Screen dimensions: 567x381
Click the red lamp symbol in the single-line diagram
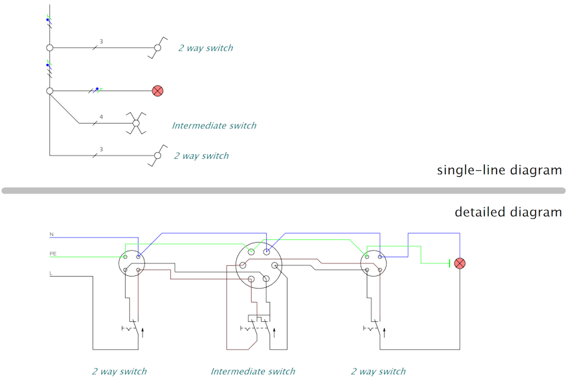click(158, 90)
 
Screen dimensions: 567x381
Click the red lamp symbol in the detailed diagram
click(460, 263)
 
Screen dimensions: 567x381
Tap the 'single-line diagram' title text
click(499, 170)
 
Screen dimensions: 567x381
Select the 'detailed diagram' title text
click(508, 211)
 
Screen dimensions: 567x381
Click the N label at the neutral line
click(51, 234)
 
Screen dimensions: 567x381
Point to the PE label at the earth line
click(53, 253)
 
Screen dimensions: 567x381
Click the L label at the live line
click(51, 273)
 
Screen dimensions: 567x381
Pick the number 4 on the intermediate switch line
click(101, 117)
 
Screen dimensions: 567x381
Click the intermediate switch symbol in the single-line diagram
click(136, 123)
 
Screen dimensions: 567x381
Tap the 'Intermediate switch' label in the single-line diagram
click(214, 126)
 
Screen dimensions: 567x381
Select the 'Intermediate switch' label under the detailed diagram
click(253, 371)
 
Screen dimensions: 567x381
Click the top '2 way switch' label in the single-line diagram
click(206, 48)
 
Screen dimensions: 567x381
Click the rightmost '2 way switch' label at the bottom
click(378, 371)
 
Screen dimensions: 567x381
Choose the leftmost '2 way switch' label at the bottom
click(119, 371)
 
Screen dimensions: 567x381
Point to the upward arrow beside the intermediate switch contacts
click(274, 332)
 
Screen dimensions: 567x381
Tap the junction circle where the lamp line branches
click(50, 90)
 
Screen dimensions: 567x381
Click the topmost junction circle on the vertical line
click(50, 48)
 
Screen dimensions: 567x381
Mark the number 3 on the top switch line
click(101, 42)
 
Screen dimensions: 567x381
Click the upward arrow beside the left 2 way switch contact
click(142, 332)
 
